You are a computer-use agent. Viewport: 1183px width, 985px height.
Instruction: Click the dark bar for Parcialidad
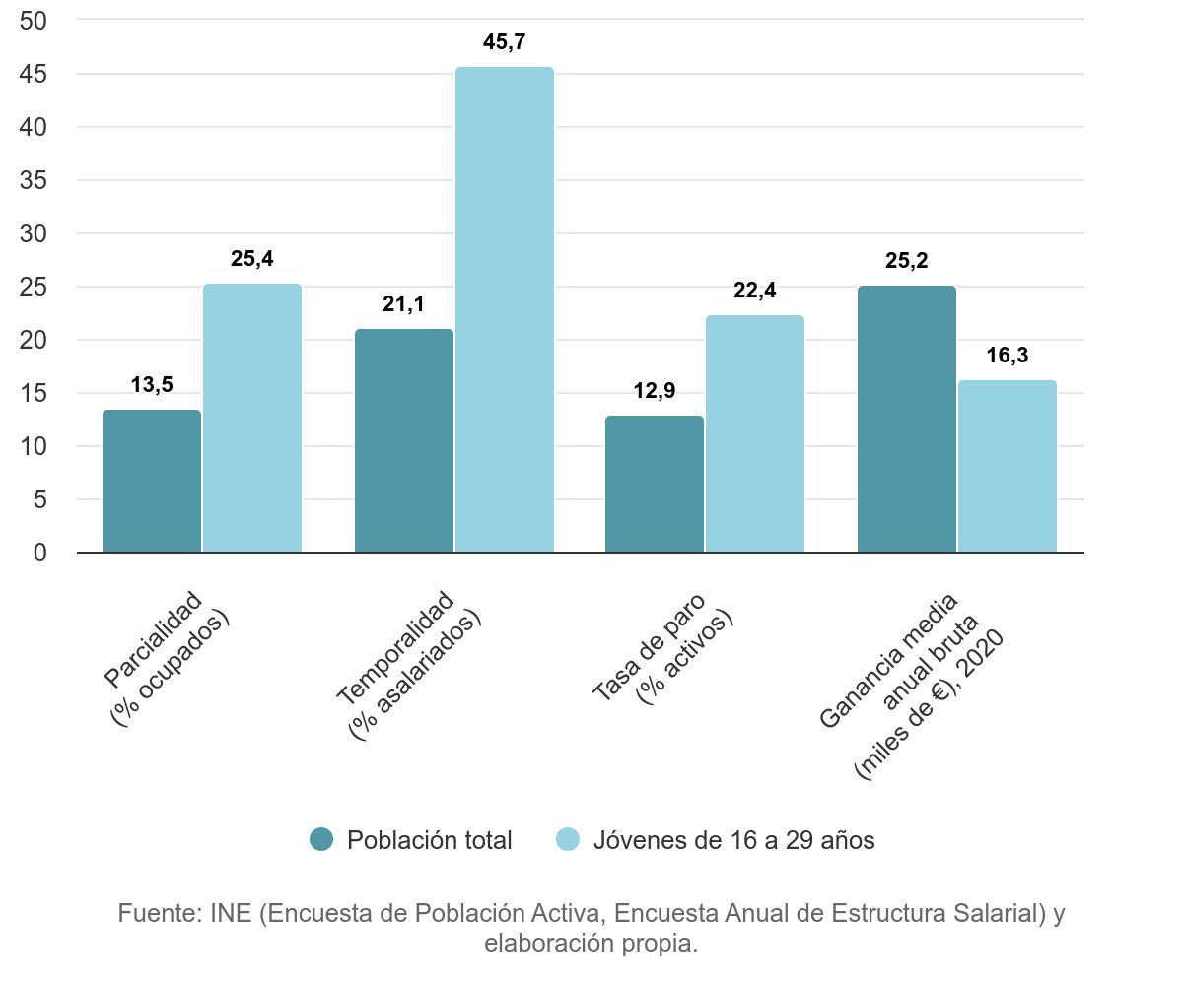coord(152,481)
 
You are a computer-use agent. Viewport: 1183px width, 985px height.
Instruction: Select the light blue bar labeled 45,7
coord(504,309)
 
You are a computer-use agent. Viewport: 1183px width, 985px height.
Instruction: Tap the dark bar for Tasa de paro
coord(655,484)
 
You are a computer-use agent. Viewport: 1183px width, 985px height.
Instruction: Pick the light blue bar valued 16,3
coord(1007,466)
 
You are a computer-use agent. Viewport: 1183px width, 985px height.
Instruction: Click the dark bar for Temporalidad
coord(403,440)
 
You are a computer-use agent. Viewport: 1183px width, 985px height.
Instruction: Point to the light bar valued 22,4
coord(755,433)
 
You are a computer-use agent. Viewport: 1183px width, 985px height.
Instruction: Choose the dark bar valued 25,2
coord(906,419)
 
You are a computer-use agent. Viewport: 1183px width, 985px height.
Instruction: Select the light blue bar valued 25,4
coord(252,418)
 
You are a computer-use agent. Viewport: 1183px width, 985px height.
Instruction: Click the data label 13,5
coord(152,385)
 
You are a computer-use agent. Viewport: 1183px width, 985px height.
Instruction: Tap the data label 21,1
coord(403,304)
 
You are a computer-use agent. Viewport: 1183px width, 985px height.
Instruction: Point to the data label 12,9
coord(655,391)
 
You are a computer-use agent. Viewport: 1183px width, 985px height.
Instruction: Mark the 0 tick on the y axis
coord(39,553)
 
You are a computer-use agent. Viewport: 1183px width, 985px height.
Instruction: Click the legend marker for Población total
coord(322,839)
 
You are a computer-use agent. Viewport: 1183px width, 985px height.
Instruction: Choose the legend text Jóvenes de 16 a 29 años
coord(733,840)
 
